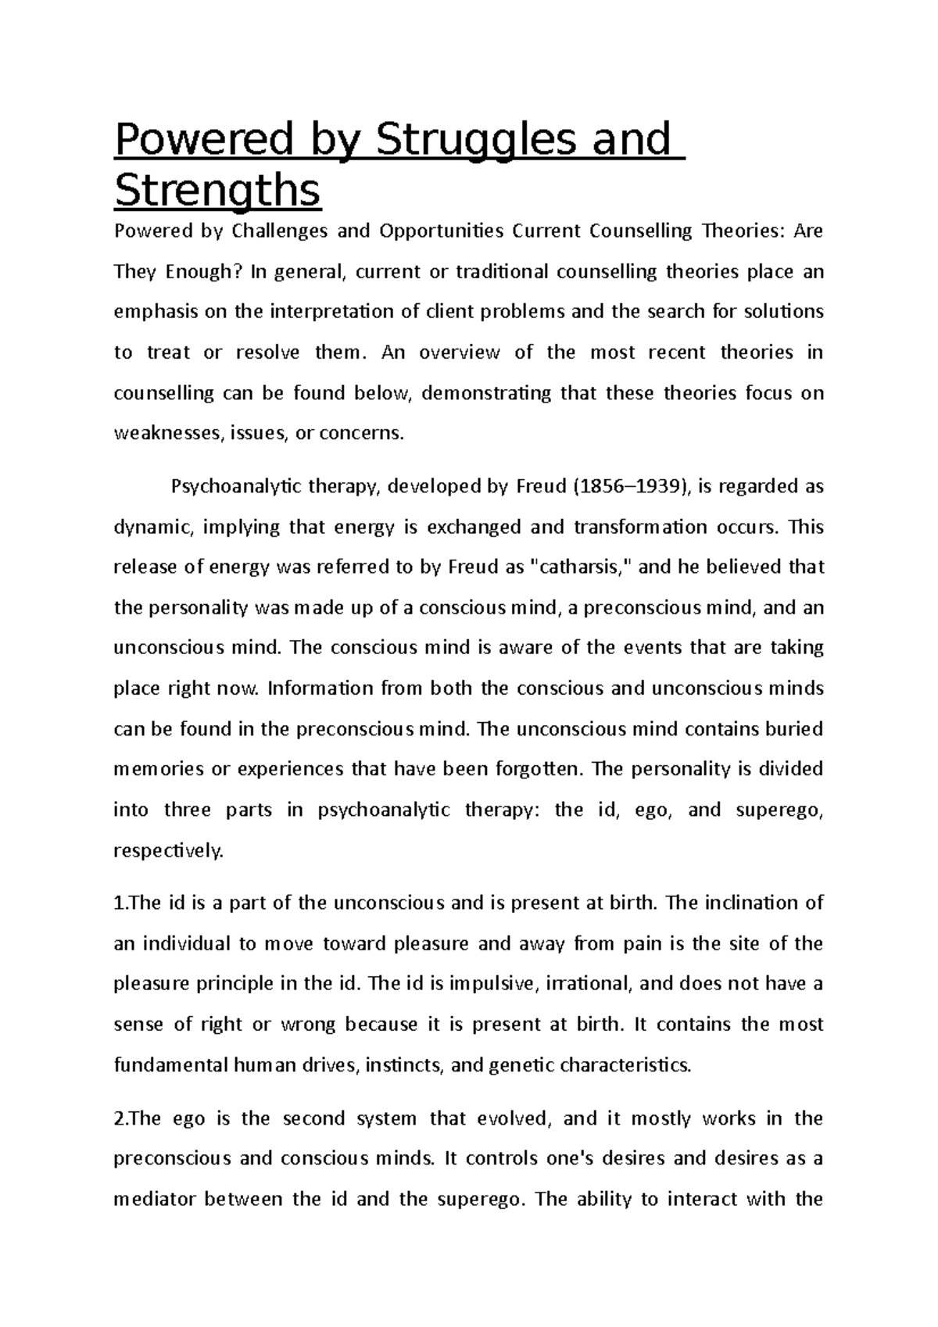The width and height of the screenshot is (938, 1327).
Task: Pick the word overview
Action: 459,352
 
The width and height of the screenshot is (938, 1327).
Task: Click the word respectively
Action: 168,850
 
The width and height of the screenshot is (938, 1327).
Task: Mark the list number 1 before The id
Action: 118,903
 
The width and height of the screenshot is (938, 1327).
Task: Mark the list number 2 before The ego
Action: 119,1118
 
